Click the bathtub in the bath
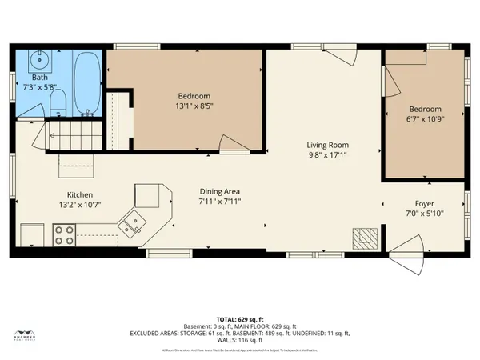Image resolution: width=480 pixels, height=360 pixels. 86,84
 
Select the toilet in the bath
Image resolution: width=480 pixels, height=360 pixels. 58,101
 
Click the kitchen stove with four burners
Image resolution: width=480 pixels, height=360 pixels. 64,235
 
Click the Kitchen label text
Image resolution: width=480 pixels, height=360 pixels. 80,194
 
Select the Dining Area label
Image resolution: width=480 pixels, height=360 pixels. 219,191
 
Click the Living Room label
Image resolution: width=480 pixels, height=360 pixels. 328,146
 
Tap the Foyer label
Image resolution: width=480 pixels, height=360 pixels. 425,203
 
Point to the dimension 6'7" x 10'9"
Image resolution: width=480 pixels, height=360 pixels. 425,119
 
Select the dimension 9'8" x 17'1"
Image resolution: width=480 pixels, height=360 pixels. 328,155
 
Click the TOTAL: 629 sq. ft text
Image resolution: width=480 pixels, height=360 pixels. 240,318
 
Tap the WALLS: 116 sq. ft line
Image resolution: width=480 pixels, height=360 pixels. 240,339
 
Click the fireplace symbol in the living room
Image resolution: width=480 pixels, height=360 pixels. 366,236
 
